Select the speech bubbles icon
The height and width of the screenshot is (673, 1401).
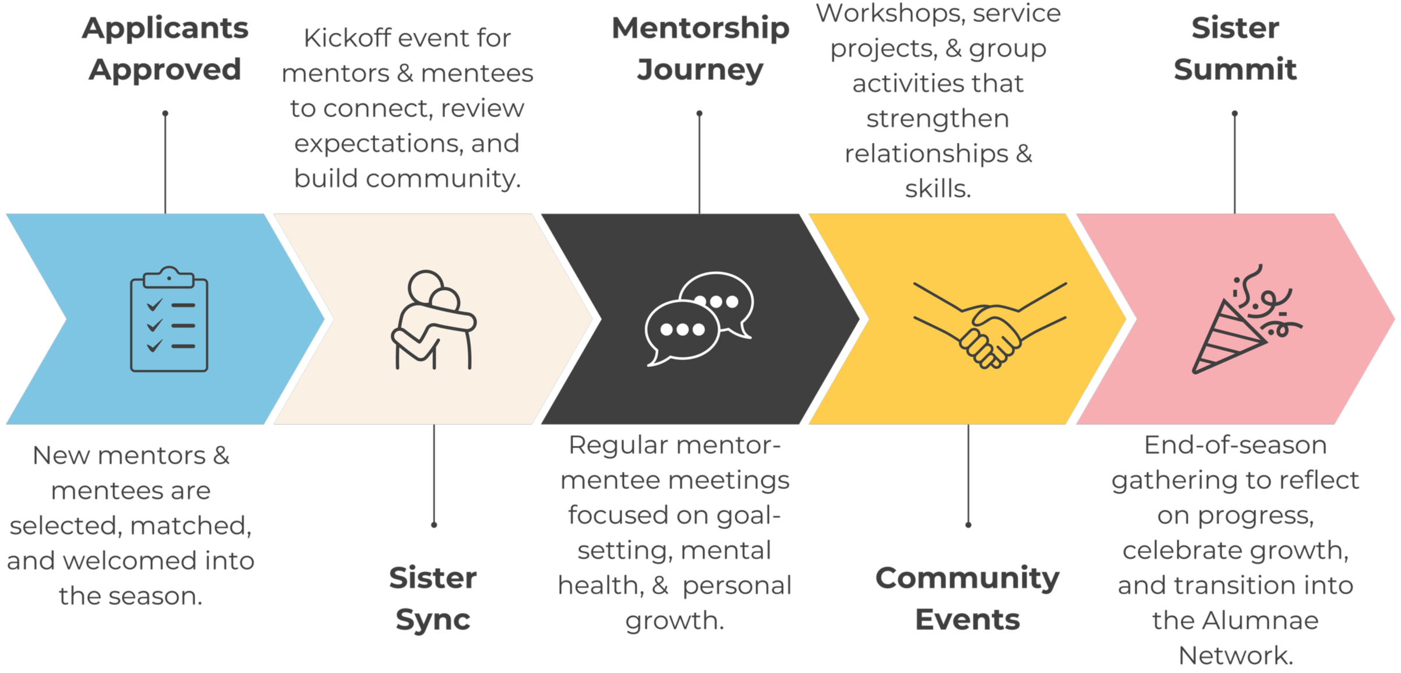tap(699, 318)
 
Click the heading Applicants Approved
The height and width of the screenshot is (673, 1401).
tap(165, 49)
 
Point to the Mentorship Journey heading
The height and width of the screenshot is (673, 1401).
tap(700, 49)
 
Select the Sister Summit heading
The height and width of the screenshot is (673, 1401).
tap(1235, 49)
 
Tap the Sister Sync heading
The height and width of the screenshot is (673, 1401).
tap(433, 598)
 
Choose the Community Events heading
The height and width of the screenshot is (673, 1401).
tap(968, 598)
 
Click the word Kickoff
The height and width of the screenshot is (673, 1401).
tap(347, 38)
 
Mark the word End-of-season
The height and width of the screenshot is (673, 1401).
tap(1235, 446)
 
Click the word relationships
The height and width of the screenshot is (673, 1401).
tap(926, 154)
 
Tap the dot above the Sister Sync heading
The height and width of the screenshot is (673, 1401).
tap(434, 525)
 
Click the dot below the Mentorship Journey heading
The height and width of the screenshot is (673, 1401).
tap(700, 114)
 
